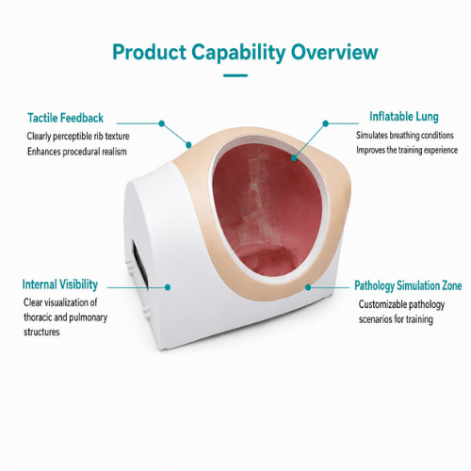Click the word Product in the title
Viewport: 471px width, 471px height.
(x=149, y=52)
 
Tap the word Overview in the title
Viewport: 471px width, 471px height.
(x=333, y=52)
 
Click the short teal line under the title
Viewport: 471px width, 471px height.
(x=235, y=75)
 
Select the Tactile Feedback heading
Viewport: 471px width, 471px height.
(x=65, y=118)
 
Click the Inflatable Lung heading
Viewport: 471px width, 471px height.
(x=404, y=117)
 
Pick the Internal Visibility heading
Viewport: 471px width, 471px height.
(x=60, y=284)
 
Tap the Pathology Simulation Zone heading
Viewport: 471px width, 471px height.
(x=408, y=285)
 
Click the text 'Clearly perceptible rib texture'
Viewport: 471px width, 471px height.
(x=78, y=137)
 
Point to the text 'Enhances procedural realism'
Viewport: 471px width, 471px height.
(x=77, y=152)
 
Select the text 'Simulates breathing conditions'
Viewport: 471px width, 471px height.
(x=405, y=136)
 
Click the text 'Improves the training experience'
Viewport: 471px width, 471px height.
(x=407, y=150)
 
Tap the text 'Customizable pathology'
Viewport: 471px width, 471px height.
(x=401, y=304)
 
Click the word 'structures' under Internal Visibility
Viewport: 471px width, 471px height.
(x=41, y=332)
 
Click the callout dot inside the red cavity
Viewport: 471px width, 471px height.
(x=294, y=157)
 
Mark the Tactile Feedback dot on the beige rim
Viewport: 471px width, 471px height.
(x=188, y=145)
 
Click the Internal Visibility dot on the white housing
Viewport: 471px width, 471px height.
(x=168, y=287)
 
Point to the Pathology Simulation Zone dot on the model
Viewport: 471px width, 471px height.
(x=308, y=287)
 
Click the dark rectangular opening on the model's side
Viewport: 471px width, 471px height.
(x=139, y=265)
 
